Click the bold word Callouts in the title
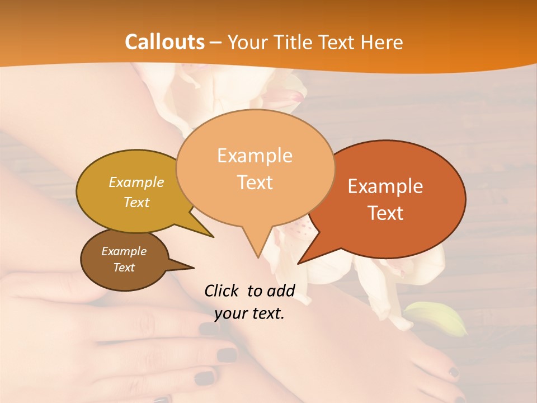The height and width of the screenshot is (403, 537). tap(164, 42)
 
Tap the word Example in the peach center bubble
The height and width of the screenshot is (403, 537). tap(255, 156)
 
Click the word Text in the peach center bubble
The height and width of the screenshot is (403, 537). tap(255, 182)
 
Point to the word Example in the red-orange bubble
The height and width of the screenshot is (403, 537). tap(385, 186)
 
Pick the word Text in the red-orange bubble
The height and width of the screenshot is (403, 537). tap(385, 213)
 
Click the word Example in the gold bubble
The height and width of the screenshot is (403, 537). tap(136, 182)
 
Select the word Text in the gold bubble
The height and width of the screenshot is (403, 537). tap(136, 202)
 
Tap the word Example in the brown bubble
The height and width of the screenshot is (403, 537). tap(124, 251)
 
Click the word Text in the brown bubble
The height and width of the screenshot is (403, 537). tap(124, 267)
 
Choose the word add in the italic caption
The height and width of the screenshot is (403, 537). tap(281, 290)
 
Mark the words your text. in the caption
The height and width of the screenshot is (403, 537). tap(249, 313)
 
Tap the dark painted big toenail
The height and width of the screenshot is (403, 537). tap(453, 372)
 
